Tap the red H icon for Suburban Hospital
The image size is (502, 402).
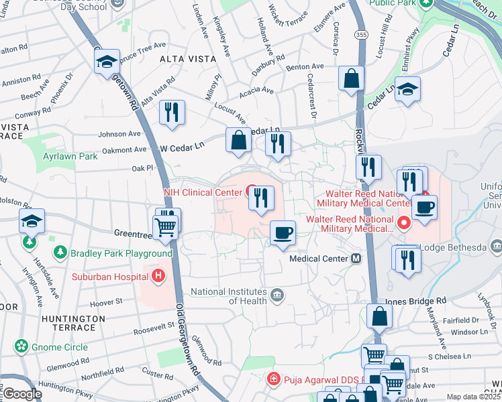coord(158,275)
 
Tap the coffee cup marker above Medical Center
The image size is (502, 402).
coord(283,232)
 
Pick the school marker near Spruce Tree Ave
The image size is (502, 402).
coord(106,62)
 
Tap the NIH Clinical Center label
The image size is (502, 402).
coord(202,192)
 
